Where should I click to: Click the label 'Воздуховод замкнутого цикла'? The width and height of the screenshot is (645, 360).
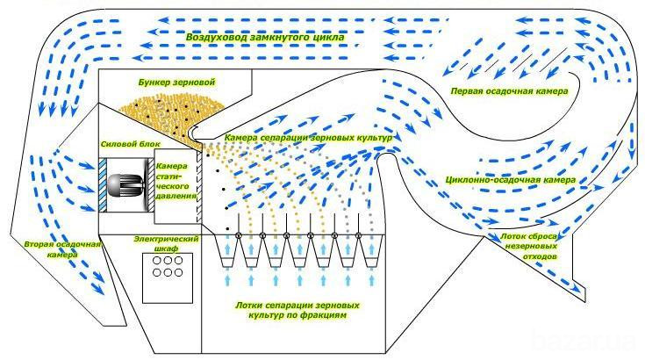(x=264, y=39)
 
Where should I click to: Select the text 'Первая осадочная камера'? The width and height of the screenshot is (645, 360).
(x=509, y=90)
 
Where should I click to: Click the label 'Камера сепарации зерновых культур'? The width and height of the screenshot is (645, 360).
(x=307, y=138)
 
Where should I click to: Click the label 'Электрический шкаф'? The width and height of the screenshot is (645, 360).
(x=165, y=243)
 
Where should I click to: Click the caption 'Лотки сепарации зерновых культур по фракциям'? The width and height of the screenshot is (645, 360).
(x=286, y=308)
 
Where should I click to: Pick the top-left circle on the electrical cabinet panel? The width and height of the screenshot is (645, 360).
(x=155, y=261)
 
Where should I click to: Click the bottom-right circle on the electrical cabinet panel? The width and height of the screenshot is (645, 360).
(x=179, y=273)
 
